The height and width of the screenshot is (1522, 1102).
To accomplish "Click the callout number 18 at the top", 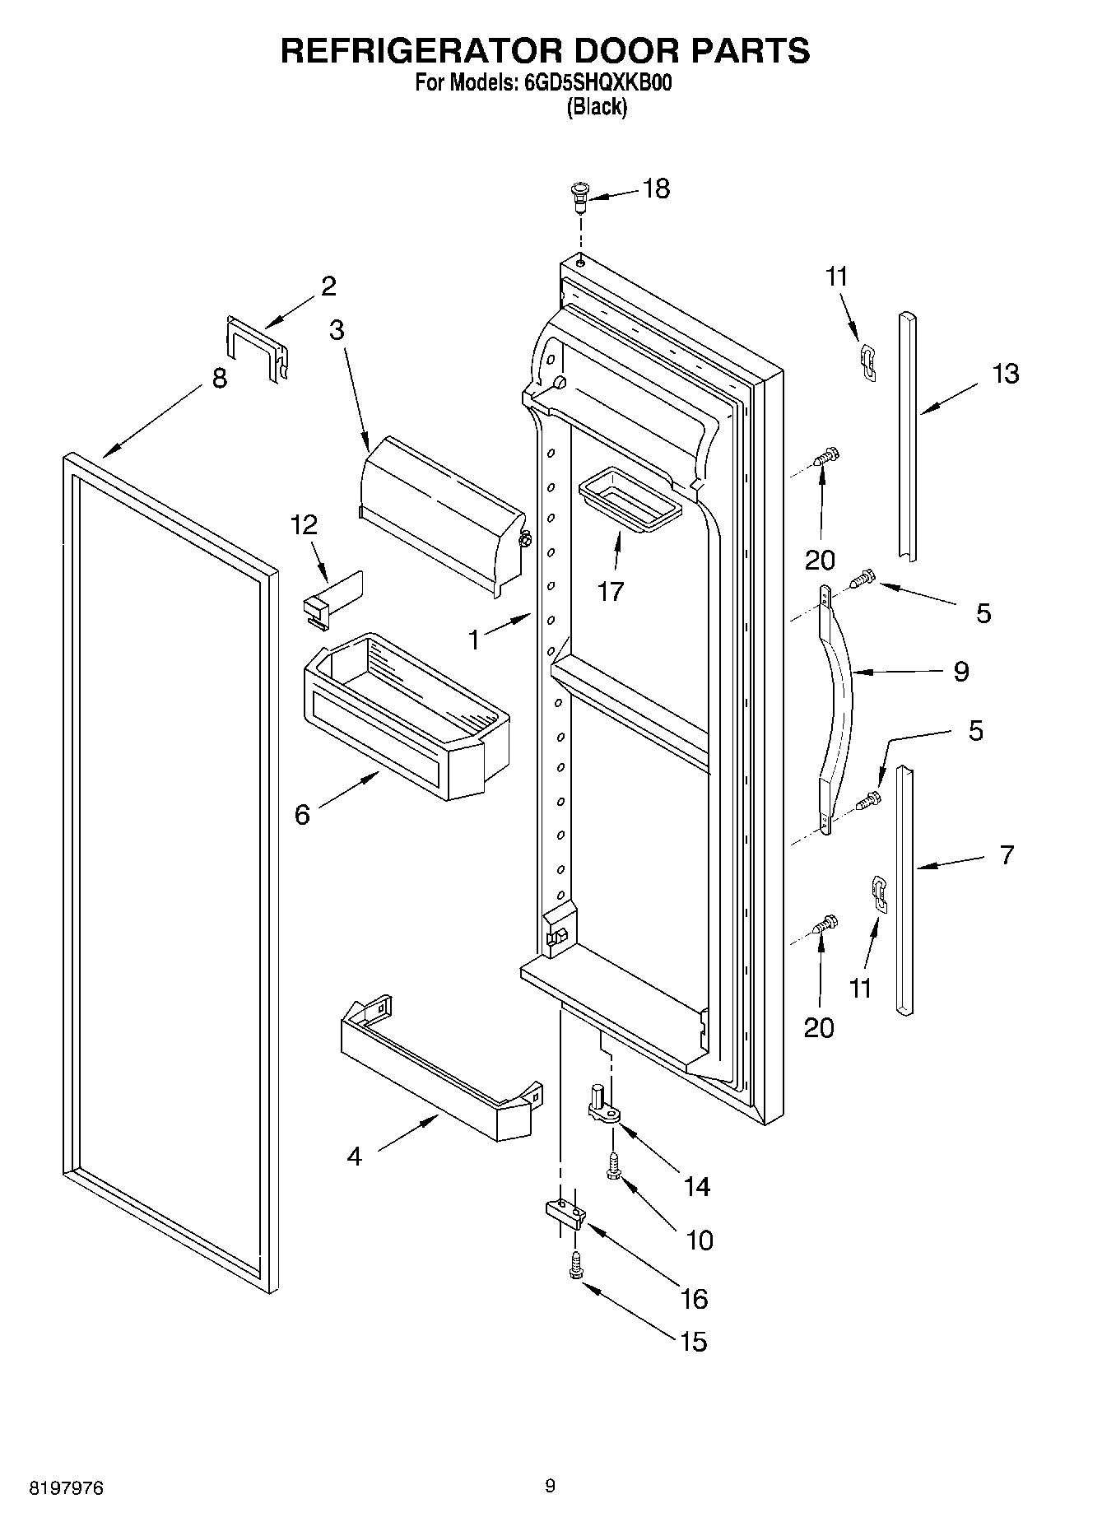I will [656, 189].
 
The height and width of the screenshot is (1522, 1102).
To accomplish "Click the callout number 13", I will [1005, 374].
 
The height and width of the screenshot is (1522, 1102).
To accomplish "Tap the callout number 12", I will [305, 524].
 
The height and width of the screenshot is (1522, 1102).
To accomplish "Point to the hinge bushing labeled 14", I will [602, 1103].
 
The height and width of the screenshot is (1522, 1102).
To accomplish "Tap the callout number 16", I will [694, 1298].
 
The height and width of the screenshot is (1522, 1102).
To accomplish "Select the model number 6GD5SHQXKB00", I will [602, 83].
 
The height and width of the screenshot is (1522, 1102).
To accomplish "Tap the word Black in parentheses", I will [597, 107].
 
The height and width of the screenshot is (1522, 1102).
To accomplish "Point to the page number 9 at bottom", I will [550, 1486].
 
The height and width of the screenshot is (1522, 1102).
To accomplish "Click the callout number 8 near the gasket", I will [219, 379].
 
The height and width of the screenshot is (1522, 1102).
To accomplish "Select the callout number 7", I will [1007, 854].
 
